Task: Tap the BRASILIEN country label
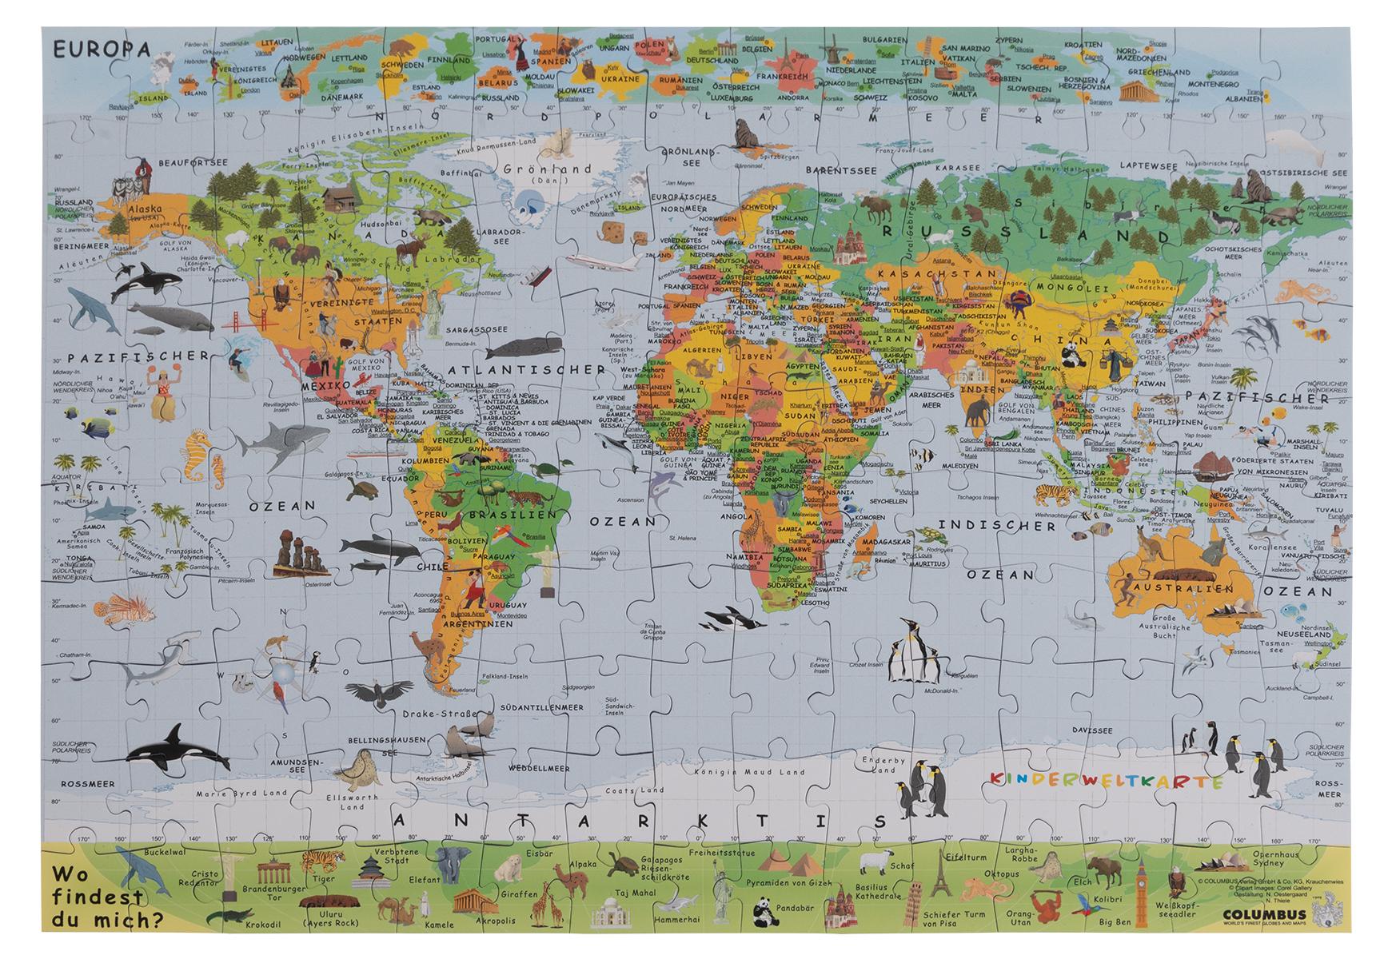(501, 516)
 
